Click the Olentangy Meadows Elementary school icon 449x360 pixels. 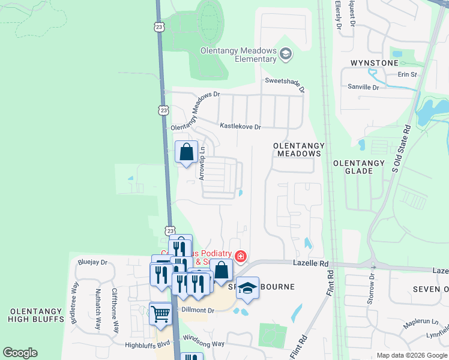pos(286,55)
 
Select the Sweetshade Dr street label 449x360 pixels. pos(285,85)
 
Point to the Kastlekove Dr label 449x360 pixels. pos(241,127)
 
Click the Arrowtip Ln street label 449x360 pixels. pos(202,164)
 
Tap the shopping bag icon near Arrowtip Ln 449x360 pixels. pos(186,151)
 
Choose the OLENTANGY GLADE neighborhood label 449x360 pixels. pos(358,167)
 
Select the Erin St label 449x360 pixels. pos(407,74)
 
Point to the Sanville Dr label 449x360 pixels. pos(364,87)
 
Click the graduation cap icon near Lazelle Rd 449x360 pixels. pos(247,289)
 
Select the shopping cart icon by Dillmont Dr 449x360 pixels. pos(160,313)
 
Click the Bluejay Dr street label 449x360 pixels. pos(92,262)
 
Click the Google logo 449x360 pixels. pos(20,353)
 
